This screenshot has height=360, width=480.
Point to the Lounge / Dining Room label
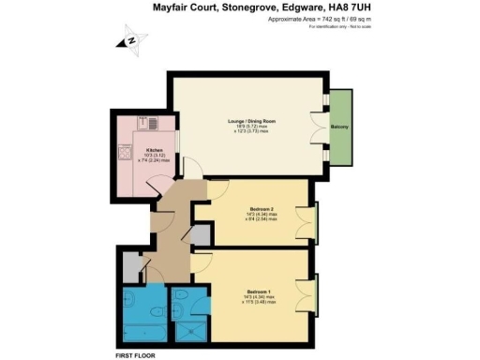pyautogui.click(x=247, y=125)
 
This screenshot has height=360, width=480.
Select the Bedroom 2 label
pyautogui.click(x=261, y=209)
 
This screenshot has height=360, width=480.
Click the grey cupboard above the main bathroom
pyautogui.click(x=126, y=266)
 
